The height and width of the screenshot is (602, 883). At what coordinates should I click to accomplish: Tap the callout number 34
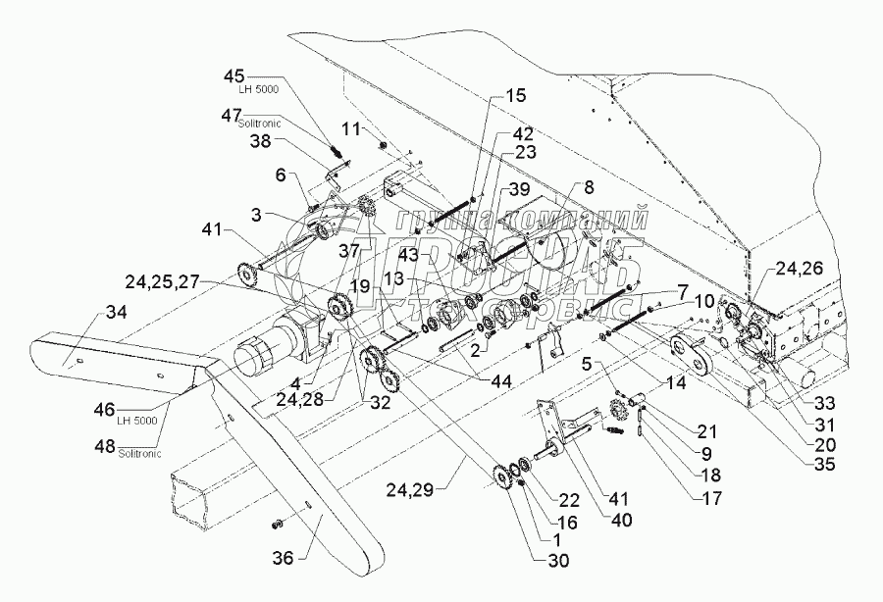pos(115,313)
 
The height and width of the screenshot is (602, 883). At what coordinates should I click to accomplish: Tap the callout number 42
pos(521,132)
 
